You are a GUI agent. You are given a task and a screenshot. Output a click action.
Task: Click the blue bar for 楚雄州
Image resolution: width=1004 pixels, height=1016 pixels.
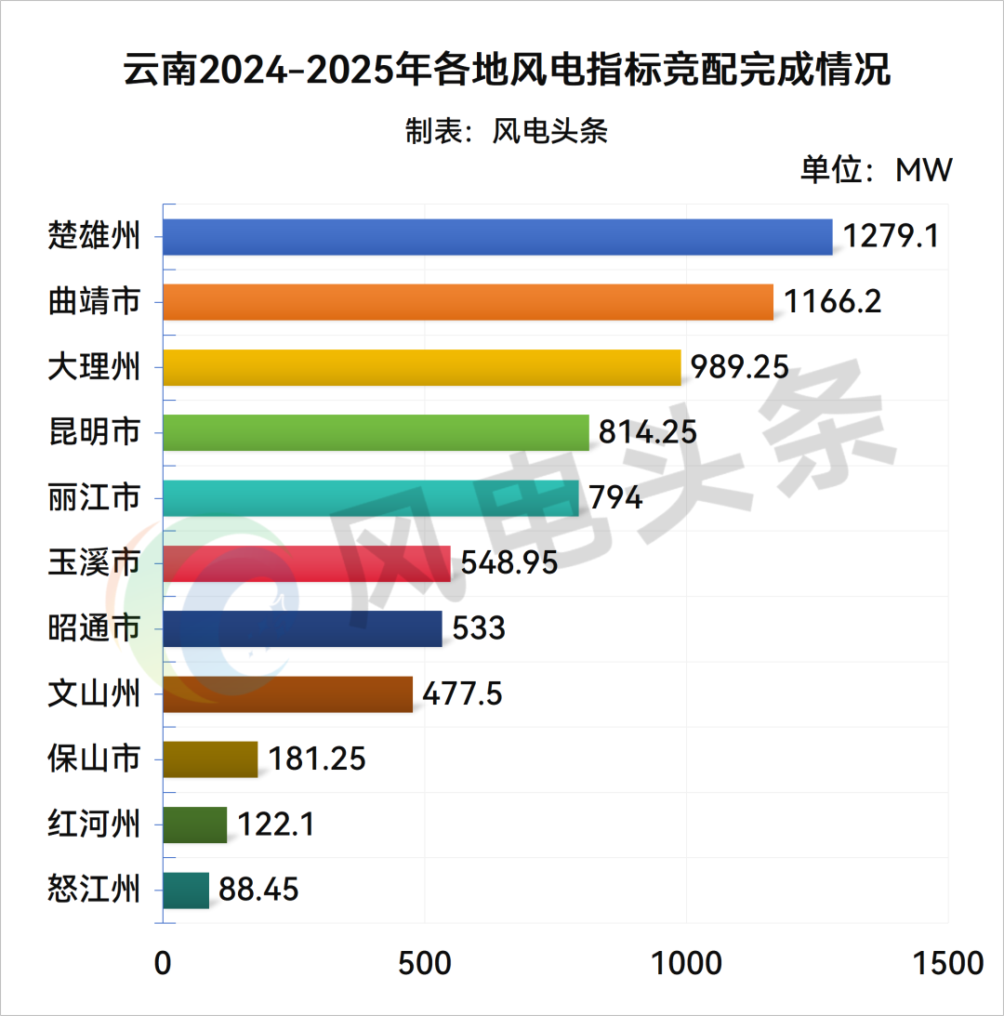tap(497, 237)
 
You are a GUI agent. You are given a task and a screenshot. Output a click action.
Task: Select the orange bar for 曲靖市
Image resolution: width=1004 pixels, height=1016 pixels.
tap(468, 302)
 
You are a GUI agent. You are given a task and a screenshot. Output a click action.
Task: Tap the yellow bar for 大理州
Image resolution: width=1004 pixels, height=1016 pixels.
tap(422, 367)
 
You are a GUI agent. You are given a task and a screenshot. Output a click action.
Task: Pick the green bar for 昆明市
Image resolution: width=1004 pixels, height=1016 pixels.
tap(376, 432)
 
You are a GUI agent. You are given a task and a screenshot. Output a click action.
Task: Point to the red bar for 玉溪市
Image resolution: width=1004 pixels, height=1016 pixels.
tap(306, 563)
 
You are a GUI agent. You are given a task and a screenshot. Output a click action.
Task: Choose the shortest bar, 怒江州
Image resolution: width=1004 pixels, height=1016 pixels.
tap(186, 891)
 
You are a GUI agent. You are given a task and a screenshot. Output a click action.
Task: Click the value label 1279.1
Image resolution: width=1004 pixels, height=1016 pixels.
tap(891, 236)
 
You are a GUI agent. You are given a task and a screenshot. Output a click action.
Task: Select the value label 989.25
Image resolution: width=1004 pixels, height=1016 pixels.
tap(740, 367)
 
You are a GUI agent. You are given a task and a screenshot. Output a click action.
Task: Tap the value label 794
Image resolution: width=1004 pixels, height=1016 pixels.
tap(615, 498)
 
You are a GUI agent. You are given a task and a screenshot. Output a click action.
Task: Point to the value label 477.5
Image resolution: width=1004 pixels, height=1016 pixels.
tap(462, 694)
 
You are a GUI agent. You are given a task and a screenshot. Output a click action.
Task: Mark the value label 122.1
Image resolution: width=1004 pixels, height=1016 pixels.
tap(275, 825)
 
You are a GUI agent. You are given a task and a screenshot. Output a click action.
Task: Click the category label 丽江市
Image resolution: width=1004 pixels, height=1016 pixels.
tap(94, 498)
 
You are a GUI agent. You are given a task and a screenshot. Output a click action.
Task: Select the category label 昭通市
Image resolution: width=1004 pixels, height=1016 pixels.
tap(94, 629)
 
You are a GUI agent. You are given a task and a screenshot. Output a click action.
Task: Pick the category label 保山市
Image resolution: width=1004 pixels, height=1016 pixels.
tap(94, 759)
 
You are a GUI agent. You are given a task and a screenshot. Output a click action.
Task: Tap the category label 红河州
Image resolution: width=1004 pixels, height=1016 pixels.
tap(94, 825)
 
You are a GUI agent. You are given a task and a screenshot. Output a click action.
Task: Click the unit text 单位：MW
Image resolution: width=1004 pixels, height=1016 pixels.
tap(877, 171)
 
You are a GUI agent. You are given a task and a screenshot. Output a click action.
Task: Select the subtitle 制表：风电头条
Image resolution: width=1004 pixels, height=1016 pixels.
tap(506, 131)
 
